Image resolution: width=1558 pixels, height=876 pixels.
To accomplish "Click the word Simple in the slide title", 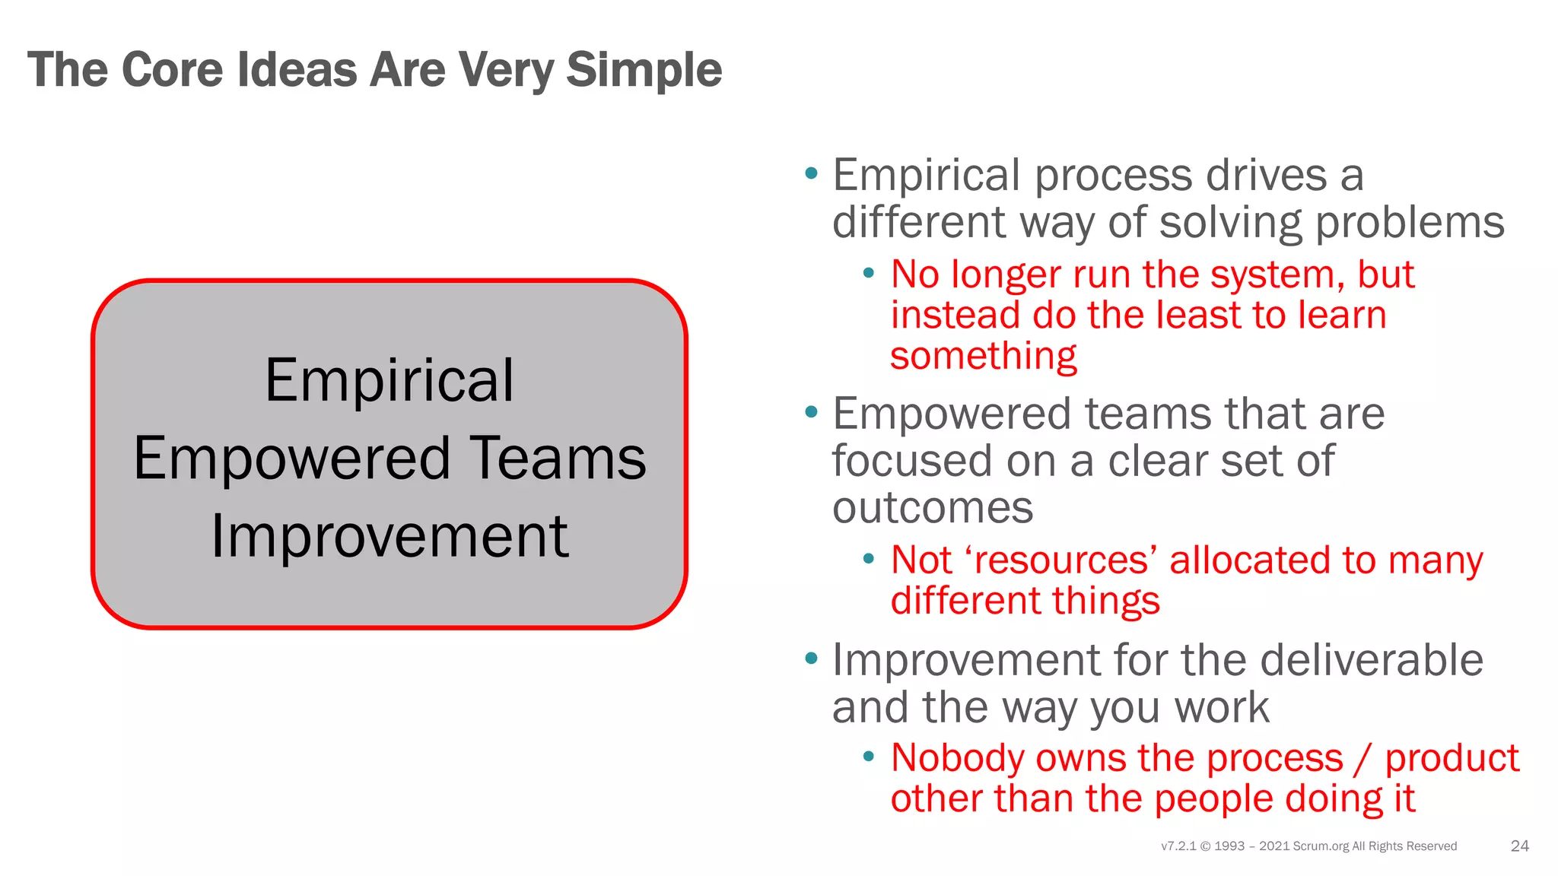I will coord(644,70).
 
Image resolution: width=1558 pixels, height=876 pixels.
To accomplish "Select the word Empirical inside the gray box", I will coord(389,380).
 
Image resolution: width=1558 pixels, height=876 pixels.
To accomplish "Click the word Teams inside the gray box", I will coord(558,459).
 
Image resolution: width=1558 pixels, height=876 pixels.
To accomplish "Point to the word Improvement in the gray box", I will coord(389,537).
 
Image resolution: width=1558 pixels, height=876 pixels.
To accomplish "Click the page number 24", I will coord(1519,846).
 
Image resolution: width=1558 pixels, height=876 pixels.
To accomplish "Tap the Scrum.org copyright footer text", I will coord(1308,846).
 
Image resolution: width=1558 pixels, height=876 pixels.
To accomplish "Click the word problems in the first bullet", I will coord(1410,223).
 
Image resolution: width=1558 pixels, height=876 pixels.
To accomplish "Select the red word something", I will coord(984,356).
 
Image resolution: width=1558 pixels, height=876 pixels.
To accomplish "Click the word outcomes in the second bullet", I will coord(933,508).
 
